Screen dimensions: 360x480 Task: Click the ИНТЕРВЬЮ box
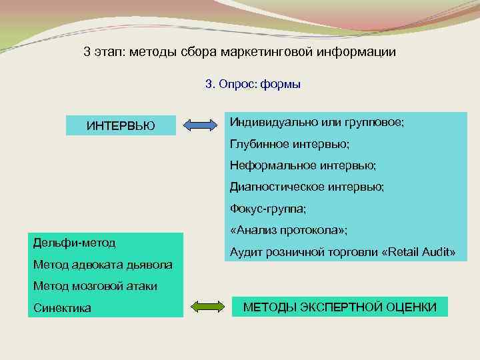121,125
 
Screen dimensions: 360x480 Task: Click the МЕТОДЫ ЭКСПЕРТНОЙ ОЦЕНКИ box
339,307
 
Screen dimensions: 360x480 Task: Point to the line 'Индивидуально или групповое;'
317,123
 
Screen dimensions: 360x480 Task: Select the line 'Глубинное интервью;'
289,144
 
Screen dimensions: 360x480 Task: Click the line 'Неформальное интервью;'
303,165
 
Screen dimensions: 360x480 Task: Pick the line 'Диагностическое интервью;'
307,187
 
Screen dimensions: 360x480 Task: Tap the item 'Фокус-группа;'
268,209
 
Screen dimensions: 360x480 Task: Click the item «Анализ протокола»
288,230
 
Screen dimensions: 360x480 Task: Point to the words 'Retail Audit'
417,253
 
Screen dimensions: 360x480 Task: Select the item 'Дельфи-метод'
74,242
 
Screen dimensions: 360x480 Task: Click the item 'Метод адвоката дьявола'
103,265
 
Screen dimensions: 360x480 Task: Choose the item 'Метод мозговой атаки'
95,286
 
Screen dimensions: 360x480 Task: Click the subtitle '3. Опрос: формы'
253,84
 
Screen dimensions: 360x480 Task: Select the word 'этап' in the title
108,51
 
